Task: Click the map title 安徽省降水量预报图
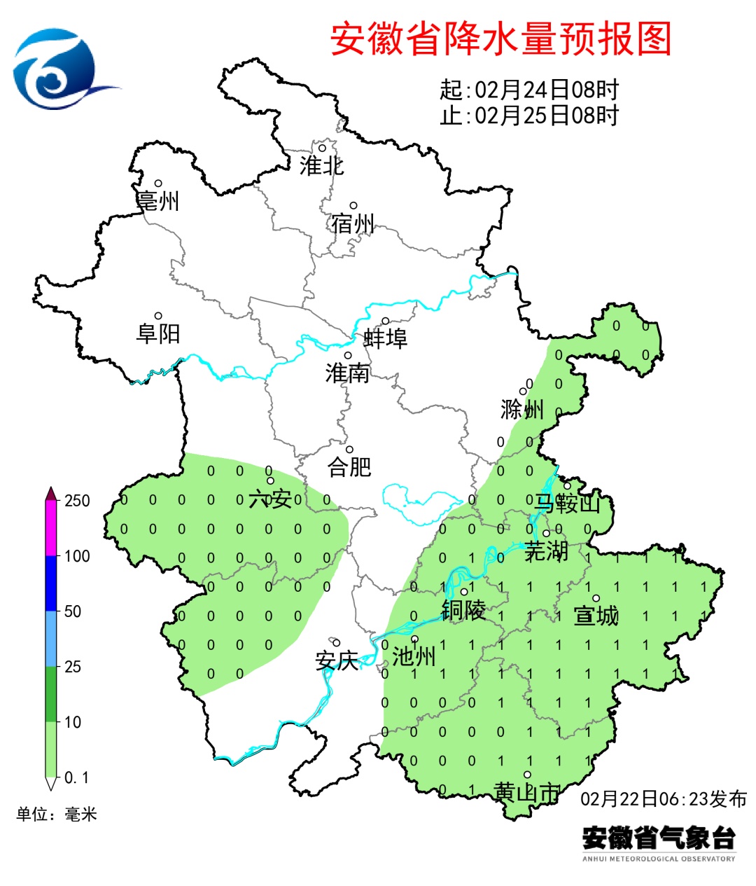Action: click(x=500, y=39)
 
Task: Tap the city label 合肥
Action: click(x=349, y=466)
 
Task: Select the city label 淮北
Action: click(x=322, y=166)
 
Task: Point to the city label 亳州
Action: click(x=158, y=201)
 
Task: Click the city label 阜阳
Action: click(x=158, y=333)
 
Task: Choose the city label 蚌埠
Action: click(x=385, y=339)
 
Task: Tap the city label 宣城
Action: click(x=596, y=616)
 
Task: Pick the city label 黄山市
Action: click(x=527, y=793)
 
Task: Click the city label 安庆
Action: click(x=337, y=660)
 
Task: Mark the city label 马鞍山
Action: click(x=568, y=503)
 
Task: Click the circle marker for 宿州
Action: click(x=353, y=206)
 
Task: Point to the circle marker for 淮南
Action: click(x=348, y=356)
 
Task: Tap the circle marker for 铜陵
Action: click(x=463, y=593)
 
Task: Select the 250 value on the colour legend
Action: click(x=77, y=501)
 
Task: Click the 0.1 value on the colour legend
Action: click(x=77, y=777)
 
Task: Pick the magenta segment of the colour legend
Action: click(x=51, y=529)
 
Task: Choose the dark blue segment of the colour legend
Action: click(x=51, y=583)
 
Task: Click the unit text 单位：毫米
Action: click(x=57, y=814)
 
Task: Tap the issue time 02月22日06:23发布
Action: click(x=664, y=798)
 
